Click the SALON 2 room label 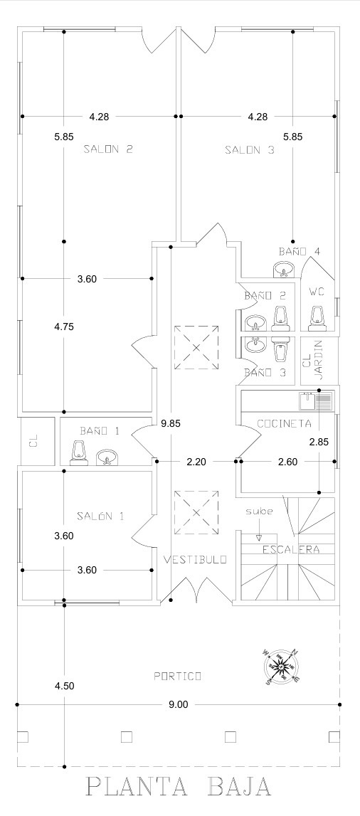coord(108,149)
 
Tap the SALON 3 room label coord(249,150)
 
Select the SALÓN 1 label coord(100,516)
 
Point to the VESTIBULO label coord(195,560)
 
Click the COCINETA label coord(284,423)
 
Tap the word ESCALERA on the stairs coord(291,549)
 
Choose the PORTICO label coord(177,676)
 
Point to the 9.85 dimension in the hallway coord(171,423)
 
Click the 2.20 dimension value coord(196,461)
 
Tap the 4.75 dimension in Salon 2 coord(64,327)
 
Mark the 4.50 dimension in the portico coord(64,686)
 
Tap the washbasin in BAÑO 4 coord(283,270)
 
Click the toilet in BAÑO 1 coord(80,453)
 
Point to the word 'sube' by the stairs coord(259,511)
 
